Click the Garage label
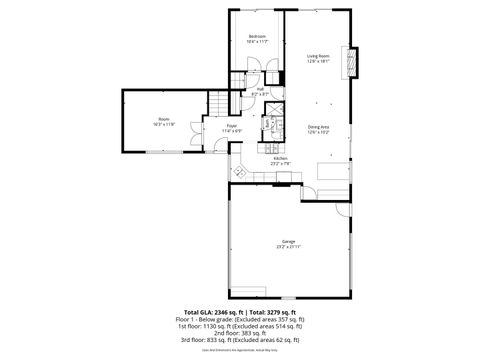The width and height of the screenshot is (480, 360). click(288, 241)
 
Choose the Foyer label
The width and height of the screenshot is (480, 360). click(231, 126)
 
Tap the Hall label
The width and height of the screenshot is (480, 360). click(260, 89)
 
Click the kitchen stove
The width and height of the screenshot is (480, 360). click(285, 179)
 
